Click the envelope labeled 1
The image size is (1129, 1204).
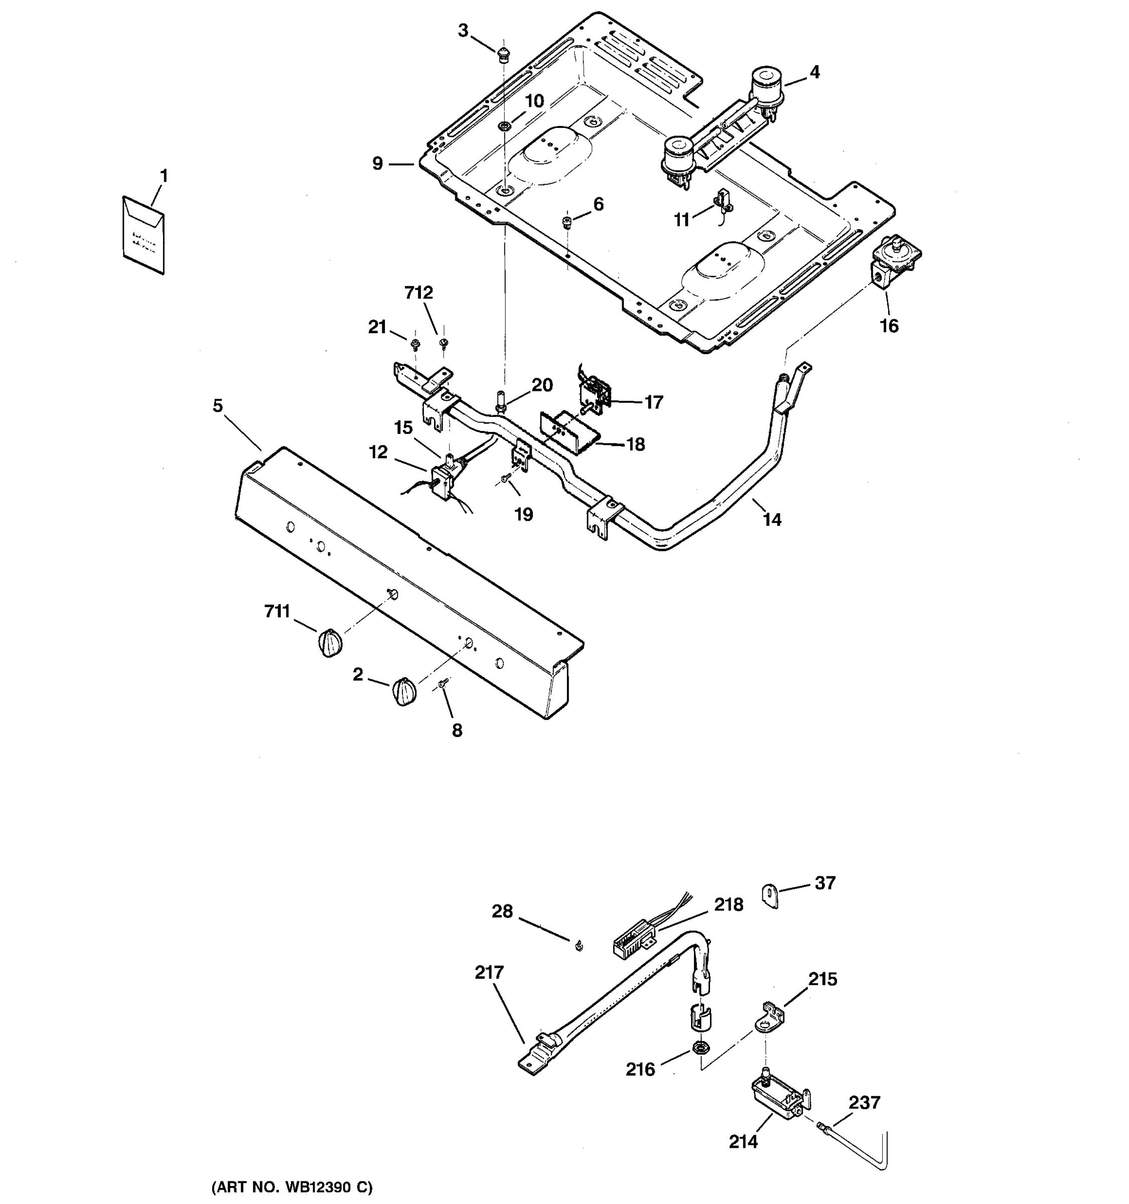pos(144,235)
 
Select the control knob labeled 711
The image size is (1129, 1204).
pos(330,643)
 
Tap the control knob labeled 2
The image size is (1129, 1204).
pos(404,692)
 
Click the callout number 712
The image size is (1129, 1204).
pos(418,293)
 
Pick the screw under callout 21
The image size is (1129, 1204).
pos(415,345)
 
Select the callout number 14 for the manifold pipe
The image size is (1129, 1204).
pos(772,519)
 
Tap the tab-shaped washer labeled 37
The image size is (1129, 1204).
pos(769,896)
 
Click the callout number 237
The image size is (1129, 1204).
pos(864,1103)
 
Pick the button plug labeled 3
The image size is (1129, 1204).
pos(503,55)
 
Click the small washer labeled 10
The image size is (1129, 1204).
pos(503,126)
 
